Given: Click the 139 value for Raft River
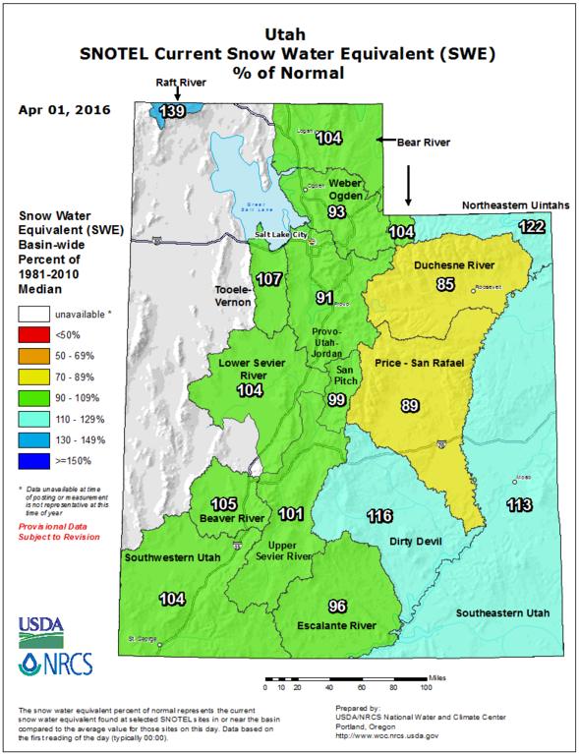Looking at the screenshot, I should (173, 111).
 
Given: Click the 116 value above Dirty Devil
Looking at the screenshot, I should (379, 516).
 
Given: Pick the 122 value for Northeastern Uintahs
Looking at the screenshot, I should (531, 227).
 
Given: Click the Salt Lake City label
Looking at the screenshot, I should (282, 236).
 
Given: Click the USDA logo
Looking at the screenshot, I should (38, 626).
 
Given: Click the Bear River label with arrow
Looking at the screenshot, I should (423, 143).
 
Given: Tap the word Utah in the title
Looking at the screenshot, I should (288, 32).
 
